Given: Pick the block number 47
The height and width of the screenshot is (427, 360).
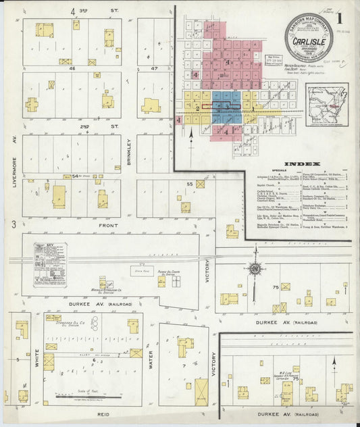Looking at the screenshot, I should [155, 68].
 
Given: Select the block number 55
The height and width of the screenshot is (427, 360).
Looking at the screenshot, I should [190, 184].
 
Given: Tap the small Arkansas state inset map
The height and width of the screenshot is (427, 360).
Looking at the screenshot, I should [325, 105].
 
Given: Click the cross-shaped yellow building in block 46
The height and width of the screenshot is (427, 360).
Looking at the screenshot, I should [32, 104].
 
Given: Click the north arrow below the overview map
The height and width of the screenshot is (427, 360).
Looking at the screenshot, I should [192, 141].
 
